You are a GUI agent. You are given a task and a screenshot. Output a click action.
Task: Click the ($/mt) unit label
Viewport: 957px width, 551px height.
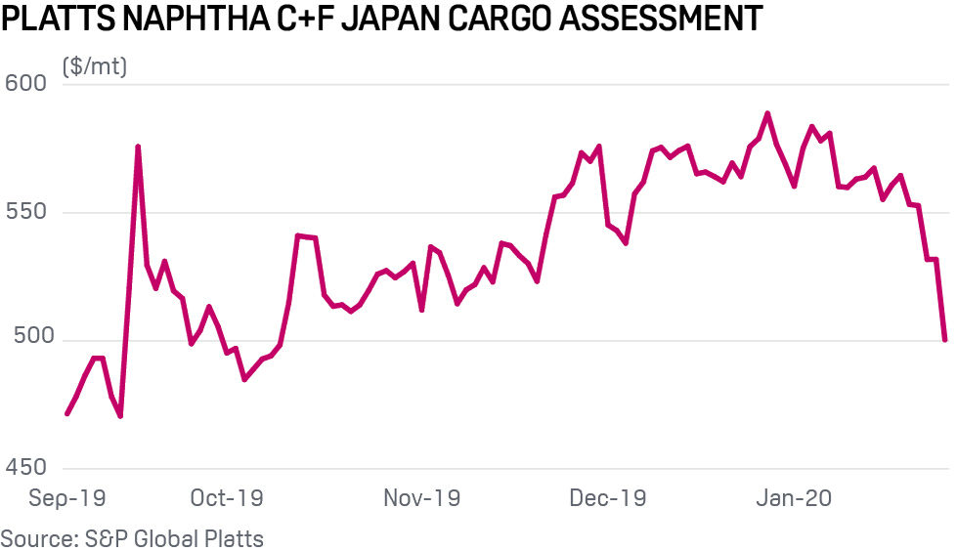point(95,67)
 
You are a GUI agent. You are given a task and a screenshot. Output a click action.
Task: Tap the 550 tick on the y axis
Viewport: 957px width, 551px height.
point(26,212)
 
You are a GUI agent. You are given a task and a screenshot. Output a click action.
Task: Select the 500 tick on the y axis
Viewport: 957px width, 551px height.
point(26,340)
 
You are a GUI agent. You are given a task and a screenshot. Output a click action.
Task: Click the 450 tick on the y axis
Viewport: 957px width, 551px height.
point(26,468)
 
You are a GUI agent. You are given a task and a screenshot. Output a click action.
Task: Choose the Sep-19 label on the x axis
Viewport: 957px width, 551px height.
point(65,498)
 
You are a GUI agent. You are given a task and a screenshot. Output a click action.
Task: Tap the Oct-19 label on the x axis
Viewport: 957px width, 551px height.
point(227,498)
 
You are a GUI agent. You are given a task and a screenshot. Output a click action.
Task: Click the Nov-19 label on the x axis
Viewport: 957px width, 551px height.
point(421,498)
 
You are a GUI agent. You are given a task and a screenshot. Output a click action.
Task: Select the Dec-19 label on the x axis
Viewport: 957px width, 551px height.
point(607,498)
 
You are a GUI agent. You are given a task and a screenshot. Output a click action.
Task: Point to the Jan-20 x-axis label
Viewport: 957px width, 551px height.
point(795,498)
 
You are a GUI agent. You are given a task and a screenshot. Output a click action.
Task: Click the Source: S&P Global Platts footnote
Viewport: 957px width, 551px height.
point(132,538)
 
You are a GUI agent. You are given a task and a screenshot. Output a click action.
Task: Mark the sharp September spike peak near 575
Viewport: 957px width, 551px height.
point(138,147)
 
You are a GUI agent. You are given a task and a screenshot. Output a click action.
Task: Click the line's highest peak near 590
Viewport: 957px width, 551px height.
point(767,113)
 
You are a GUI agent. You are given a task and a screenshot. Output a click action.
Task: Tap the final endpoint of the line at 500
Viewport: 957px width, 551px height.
point(944,339)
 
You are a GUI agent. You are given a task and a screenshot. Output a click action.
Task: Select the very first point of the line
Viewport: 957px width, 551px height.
point(66,413)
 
